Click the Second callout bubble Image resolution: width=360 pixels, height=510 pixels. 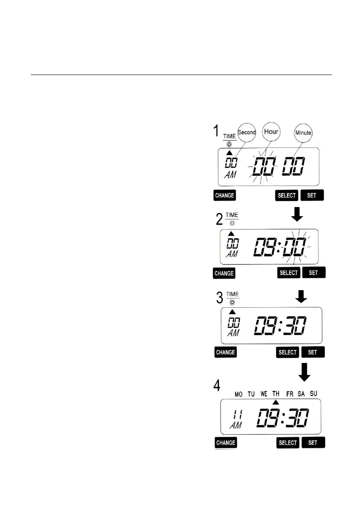point(246,132)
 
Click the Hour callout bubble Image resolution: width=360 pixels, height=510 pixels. point(271,132)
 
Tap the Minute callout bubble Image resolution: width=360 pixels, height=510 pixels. point(303,133)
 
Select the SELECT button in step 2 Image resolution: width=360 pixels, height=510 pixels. point(288,273)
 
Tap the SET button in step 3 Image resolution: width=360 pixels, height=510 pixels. point(312,352)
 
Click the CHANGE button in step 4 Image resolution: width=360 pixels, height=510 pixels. point(225,443)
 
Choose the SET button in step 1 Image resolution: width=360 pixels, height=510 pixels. point(312,195)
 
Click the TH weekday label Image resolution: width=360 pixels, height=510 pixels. point(276,393)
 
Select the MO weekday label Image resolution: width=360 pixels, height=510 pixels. point(238,393)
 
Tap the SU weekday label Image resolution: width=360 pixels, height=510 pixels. point(314,393)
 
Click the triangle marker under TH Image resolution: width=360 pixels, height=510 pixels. point(276,402)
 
